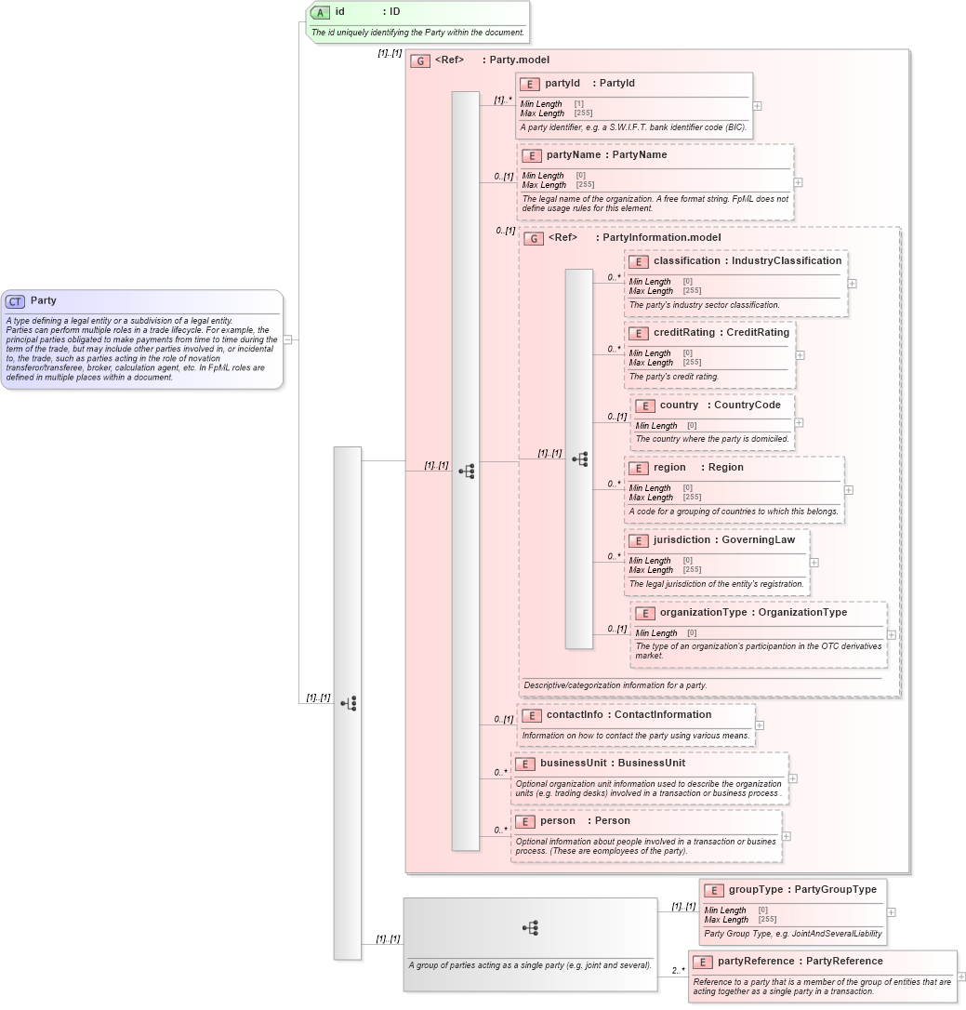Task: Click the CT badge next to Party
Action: (x=15, y=301)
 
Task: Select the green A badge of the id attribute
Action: (x=320, y=12)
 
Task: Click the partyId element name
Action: (x=562, y=84)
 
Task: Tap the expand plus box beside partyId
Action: (x=758, y=106)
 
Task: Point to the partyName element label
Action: (x=573, y=155)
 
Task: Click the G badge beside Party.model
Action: (x=420, y=60)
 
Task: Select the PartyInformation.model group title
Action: (x=661, y=238)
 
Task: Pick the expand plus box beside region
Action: (x=848, y=490)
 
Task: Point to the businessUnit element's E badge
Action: (x=525, y=764)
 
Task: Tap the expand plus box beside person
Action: (x=786, y=836)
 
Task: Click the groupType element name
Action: (x=755, y=890)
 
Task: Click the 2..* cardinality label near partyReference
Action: (x=678, y=971)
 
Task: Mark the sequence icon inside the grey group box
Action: (x=530, y=928)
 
